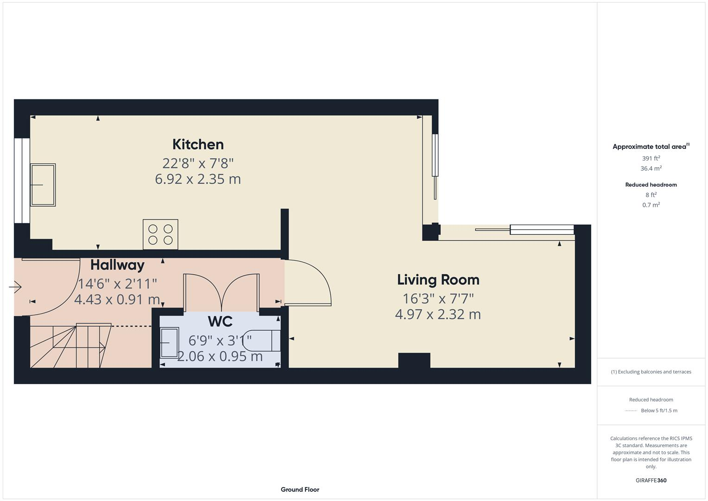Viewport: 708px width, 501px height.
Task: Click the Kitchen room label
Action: coord(198,144)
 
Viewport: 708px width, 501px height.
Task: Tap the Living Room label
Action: coord(438,280)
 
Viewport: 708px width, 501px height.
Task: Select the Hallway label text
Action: coord(117,265)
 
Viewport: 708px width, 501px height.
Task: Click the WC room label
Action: coord(220,321)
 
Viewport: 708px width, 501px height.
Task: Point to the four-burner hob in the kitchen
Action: coord(160,234)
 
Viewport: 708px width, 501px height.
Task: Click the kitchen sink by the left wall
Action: coord(43,185)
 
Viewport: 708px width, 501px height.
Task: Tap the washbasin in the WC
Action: coord(169,342)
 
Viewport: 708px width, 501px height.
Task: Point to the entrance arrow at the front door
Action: coord(15,287)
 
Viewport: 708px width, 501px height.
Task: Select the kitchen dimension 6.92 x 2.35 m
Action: coord(198,179)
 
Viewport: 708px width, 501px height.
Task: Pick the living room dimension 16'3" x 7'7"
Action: coord(438,298)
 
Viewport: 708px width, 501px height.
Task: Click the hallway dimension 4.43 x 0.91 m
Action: coord(117,300)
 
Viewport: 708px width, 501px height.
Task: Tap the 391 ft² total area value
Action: coord(651,158)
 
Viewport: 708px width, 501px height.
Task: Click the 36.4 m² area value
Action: coord(651,168)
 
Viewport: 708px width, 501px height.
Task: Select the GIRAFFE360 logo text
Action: coord(651,480)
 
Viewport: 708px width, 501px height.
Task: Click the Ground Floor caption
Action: coord(300,489)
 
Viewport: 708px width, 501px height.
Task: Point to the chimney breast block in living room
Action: coord(414,360)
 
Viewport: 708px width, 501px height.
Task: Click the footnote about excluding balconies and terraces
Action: coord(651,372)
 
